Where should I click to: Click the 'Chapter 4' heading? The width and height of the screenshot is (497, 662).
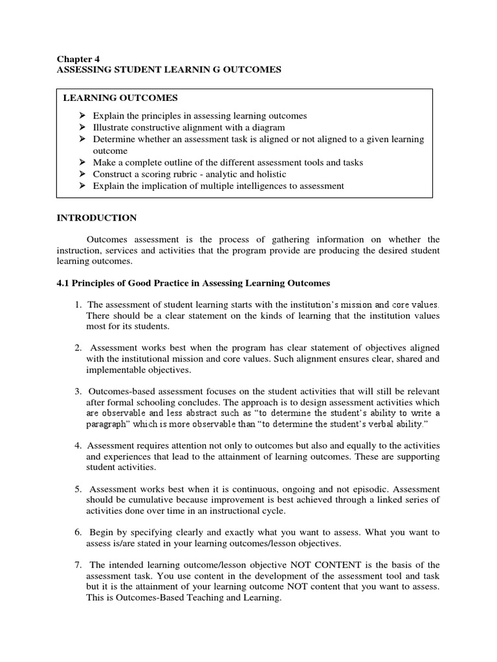pos(76,58)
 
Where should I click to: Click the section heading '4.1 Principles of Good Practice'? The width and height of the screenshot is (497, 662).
pos(194,283)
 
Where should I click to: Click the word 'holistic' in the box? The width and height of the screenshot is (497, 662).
pos(269,175)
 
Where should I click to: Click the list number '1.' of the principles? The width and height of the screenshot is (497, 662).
pos(78,304)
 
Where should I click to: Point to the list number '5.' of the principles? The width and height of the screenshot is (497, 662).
pos(78,489)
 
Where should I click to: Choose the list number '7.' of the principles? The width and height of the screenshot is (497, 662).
pos(78,568)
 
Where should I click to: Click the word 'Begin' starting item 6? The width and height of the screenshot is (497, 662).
pos(102,533)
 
